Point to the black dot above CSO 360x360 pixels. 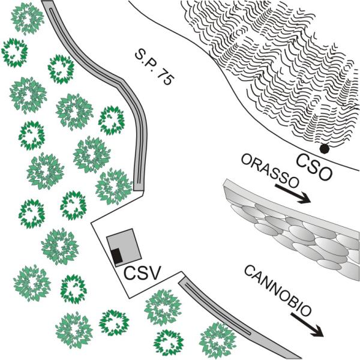click(325, 148)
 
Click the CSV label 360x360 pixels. click(142, 275)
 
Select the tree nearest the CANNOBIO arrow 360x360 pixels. click(217, 340)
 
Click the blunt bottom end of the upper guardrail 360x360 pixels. click(139, 187)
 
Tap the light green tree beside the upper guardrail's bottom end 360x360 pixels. click(112, 185)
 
